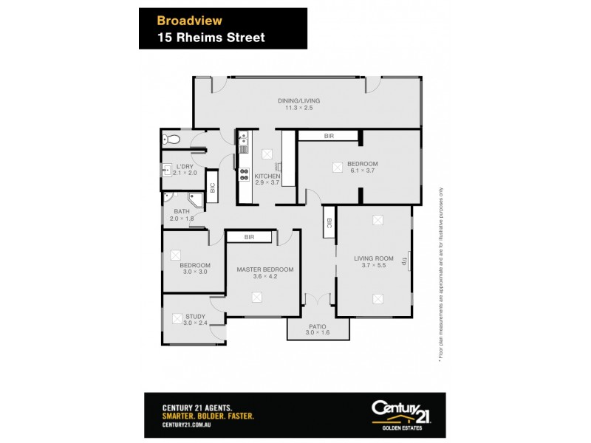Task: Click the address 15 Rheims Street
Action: (211, 37)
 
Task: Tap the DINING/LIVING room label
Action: (299, 101)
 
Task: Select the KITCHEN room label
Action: (267, 177)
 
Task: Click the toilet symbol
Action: (172, 139)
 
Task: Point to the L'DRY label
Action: (185, 166)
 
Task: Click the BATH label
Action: (182, 211)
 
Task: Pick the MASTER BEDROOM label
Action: (264, 269)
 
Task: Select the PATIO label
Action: (318, 326)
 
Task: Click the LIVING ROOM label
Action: (371, 258)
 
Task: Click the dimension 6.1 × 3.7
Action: (363, 171)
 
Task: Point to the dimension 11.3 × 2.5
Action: (299, 109)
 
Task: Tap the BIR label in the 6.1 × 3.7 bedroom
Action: (329, 136)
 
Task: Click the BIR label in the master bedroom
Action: (250, 237)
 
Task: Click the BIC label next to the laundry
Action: (211, 188)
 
